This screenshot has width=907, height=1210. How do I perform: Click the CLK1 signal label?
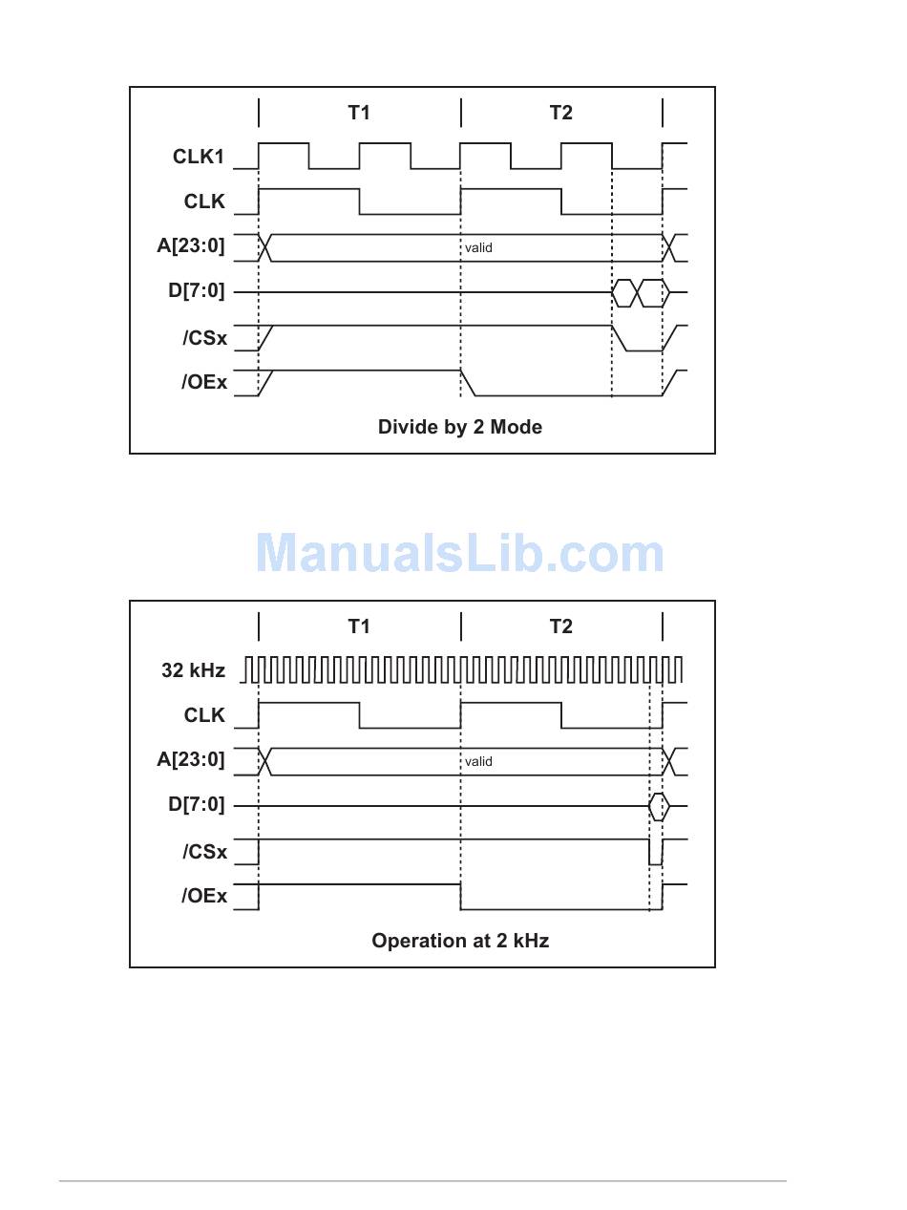tap(199, 157)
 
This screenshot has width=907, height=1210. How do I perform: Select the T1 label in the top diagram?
tap(359, 113)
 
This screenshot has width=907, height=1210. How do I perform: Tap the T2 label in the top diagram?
tap(561, 113)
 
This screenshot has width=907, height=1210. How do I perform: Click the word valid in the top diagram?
tap(478, 248)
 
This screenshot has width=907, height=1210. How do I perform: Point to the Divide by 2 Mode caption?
tap(460, 427)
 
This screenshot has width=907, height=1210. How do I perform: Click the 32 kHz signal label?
tap(194, 670)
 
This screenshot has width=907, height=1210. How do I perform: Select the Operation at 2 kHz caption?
tap(460, 941)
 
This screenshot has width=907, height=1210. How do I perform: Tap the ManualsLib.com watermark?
tap(459, 552)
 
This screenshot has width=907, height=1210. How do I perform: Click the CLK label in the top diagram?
tap(204, 202)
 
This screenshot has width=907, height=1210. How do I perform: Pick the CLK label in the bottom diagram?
tap(204, 715)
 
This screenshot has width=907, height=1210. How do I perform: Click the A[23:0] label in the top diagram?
tap(191, 245)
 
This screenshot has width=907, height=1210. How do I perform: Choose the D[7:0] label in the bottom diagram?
tap(197, 804)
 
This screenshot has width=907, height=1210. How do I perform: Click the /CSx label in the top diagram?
tap(204, 338)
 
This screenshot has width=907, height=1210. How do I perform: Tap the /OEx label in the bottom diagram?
tap(204, 896)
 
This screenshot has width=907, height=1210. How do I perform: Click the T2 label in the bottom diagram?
tap(561, 626)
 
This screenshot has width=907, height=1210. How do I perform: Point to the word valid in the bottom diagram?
tap(478, 762)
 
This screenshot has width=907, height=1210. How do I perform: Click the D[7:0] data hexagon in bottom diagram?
tap(659, 806)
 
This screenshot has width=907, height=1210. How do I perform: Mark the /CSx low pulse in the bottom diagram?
tap(656, 864)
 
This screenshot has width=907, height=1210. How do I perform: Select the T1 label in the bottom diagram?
tap(359, 626)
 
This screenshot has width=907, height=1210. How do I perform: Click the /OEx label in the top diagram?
tap(204, 382)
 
